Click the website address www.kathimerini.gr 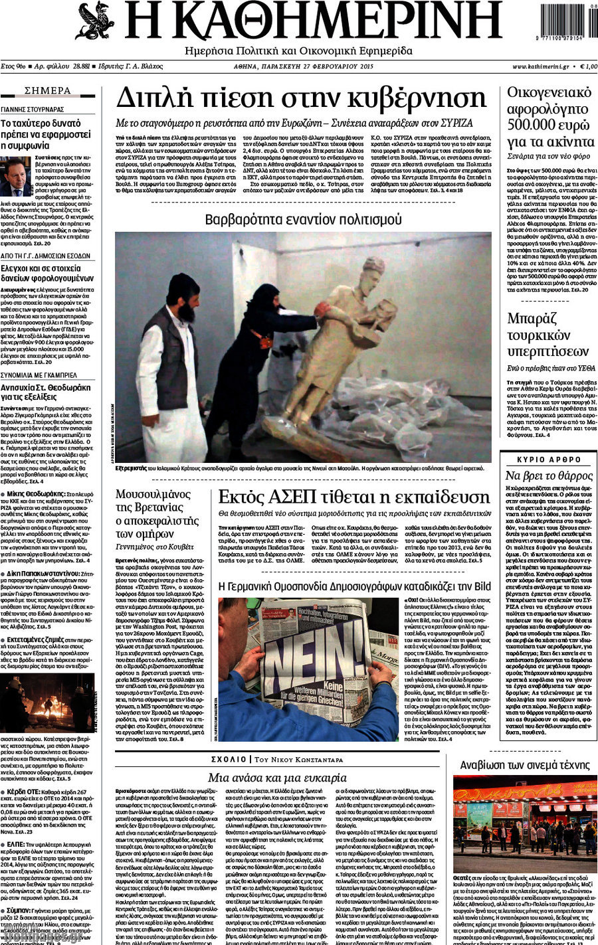[x=540, y=66]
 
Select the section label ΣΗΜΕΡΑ [x=48, y=91]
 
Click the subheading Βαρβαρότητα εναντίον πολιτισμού [x=303, y=219]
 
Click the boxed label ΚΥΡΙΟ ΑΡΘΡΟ [x=549, y=460]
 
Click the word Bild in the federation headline [x=482, y=586]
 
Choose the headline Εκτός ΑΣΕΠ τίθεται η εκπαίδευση [x=353, y=496]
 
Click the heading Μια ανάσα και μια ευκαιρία [x=277, y=777]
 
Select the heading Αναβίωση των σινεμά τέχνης [x=525, y=765]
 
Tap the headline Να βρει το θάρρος [x=549, y=475]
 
